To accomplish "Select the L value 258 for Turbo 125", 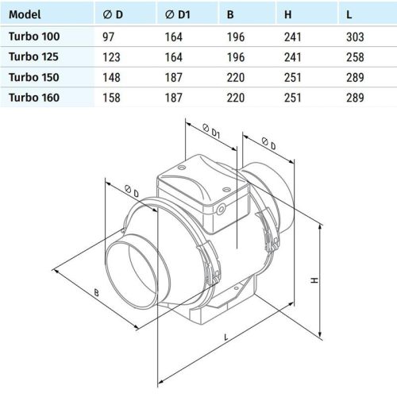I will click(x=355, y=58).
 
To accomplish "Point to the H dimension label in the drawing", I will click(x=315, y=280).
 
